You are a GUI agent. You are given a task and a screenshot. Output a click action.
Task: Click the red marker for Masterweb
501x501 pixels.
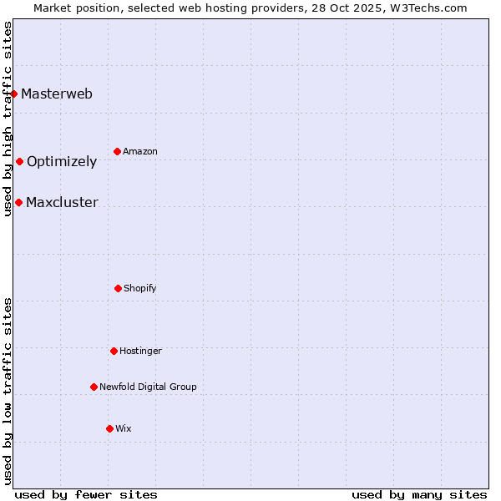pos(14,94)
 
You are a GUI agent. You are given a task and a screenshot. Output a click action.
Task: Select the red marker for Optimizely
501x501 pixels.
pos(19,161)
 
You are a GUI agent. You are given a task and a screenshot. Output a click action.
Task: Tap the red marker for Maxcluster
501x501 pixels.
pos(18,202)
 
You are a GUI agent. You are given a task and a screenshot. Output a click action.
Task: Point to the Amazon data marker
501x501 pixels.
pos(117,151)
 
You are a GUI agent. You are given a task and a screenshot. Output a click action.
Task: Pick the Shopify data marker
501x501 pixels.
pos(118,288)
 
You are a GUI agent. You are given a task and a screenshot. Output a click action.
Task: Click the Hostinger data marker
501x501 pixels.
pos(114,351)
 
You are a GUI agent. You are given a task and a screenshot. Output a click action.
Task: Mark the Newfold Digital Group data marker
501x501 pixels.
pos(94,387)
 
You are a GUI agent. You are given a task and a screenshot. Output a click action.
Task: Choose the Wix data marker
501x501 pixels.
pos(109,428)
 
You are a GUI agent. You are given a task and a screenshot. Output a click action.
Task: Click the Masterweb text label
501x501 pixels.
pos(57,94)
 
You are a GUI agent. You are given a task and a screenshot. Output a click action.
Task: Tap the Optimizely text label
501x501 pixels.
pos(62,162)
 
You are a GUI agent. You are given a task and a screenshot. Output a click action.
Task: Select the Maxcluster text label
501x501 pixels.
pos(62,202)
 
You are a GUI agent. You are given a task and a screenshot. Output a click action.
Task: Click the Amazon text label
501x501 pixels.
pos(140,151)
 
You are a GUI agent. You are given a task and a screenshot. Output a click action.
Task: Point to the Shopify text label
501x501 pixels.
pos(140,288)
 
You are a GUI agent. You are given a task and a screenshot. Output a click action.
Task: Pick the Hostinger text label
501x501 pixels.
pos(140,351)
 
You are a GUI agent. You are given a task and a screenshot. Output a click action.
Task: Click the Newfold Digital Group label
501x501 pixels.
pos(148,387)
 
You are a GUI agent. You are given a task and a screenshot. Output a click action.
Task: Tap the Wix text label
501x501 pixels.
pos(124,428)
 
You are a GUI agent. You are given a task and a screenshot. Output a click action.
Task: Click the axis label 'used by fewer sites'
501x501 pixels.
pos(86,494)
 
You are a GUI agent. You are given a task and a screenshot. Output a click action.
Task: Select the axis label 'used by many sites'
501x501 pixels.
pos(419,494)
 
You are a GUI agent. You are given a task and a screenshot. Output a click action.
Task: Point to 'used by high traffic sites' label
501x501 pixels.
pos(8,119)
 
